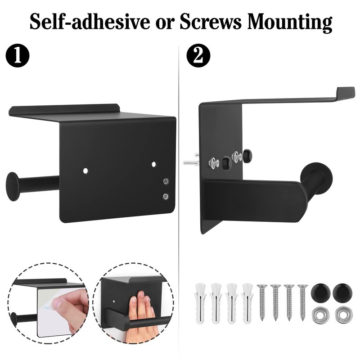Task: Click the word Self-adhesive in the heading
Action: tap(90, 22)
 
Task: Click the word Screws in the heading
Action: tap(210, 22)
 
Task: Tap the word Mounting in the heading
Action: tap(290, 22)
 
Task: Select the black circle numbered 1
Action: tap(18, 55)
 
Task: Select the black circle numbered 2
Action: tap(198, 55)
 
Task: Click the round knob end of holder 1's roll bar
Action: tap(12, 186)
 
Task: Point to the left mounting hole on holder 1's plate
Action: tap(85, 171)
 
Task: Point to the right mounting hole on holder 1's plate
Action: tap(153, 164)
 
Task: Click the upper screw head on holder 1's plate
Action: tap(166, 181)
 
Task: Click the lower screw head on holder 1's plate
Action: tap(165, 196)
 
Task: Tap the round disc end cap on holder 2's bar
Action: tap(316, 177)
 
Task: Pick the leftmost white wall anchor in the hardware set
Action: tap(201, 303)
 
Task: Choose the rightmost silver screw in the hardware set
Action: tap(302, 302)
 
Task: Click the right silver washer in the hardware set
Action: tap(343, 315)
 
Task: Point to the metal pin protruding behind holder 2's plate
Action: tap(191, 161)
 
